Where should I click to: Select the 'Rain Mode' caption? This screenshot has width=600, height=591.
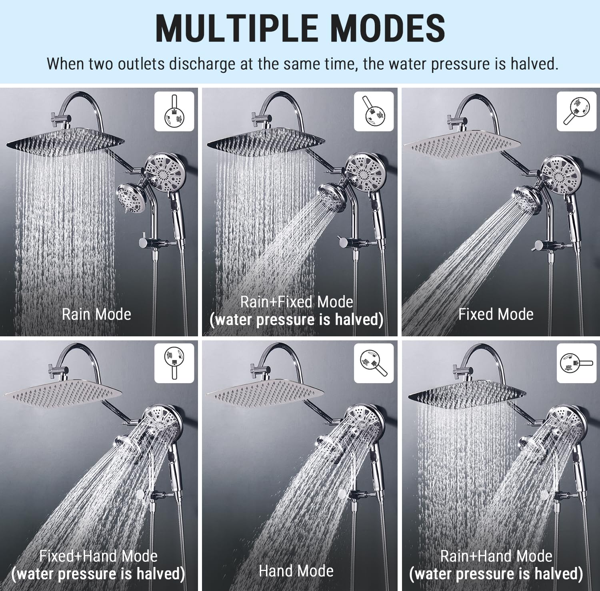[x=96, y=314]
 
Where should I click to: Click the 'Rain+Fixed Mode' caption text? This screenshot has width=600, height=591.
[x=296, y=302]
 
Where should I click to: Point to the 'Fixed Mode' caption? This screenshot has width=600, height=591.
[x=496, y=314]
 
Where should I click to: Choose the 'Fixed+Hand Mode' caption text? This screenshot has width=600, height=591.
[x=98, y=556]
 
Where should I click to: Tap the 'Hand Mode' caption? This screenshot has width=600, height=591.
[x=296, y=571]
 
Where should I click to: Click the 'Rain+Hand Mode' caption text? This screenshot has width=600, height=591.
[x=496, y=556]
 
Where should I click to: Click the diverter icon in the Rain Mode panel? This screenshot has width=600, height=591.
[x=174, y=111]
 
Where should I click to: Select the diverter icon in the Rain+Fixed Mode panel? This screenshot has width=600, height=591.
[x=374, y=111]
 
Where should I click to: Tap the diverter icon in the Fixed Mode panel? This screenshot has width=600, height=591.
[x=576, y=111]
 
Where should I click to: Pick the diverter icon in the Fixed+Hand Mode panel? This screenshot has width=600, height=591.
[x=174, y=362]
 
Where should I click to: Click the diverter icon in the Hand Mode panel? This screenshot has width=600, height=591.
[x=374, y=362]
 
